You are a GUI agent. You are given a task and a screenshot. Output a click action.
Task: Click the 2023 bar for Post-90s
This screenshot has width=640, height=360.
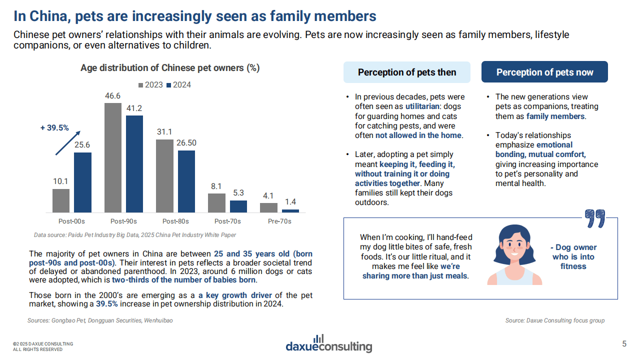[x=112, y=157]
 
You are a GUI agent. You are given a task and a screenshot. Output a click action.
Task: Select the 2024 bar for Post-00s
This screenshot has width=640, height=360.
[x=82, y=182]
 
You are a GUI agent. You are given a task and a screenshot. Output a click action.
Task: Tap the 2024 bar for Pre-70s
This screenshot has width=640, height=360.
[x=290, y=211]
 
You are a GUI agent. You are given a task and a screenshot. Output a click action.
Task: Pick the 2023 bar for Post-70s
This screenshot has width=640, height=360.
[x=216, y=203]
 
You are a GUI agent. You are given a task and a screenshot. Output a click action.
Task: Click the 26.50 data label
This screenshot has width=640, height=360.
[x=186, y=142]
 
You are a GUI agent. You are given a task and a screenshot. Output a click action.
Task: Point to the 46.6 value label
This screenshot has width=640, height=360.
[x=112, y=95]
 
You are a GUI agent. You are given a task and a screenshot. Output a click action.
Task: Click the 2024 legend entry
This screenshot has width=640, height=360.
[x=179, y=85]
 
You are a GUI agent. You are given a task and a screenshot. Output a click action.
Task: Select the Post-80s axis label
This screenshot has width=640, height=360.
[x=175, y=221]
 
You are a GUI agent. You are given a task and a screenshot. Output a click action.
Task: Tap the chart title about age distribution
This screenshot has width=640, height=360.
[x=170, y=68]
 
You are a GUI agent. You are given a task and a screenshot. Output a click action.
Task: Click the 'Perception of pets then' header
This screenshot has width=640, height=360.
[x=406, y=72]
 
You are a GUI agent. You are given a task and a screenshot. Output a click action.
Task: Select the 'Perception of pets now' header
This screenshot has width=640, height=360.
[x=544, y=72]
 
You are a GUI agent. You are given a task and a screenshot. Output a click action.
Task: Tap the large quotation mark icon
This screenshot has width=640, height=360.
[x=595, y=218]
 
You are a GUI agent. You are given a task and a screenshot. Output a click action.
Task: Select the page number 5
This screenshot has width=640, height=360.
[x=624, y=343]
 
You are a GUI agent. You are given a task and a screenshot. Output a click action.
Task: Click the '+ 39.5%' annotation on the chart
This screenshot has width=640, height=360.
[x=54, y=128]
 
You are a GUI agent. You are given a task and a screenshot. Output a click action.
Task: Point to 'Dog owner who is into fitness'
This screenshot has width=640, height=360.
[x=573, y=256]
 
